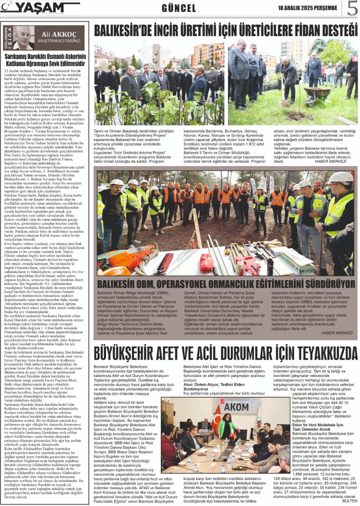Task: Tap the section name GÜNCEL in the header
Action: (x=179, y=8)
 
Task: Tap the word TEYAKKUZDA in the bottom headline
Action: (x=314, y=354)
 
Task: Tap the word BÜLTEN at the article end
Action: (x=348, y=502)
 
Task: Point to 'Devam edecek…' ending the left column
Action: (x=16, y=496)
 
